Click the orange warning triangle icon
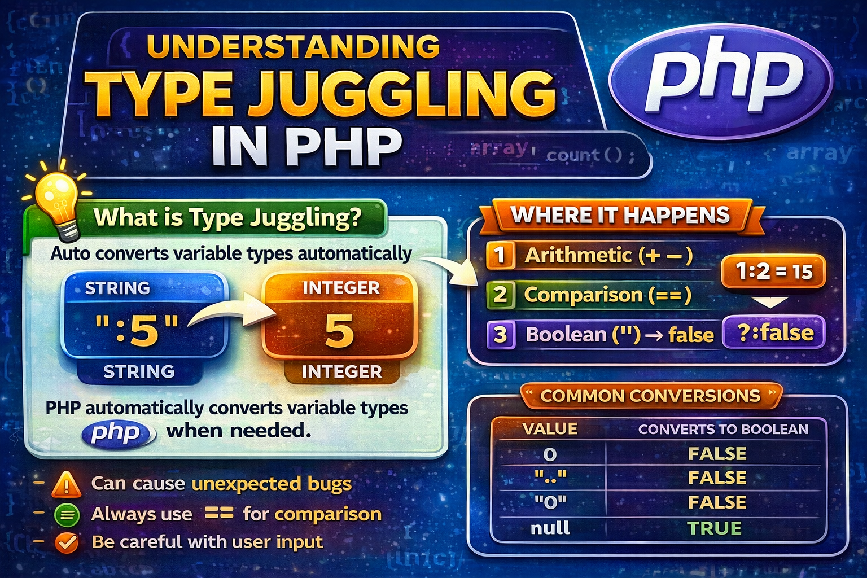coord(67,484)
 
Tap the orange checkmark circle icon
coord(67,543)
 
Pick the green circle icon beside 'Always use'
coord(67,514)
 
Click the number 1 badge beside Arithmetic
coord(500,255)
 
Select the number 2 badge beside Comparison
coord(500,295)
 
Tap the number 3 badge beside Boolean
coord(500,334)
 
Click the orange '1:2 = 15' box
coord(774,272)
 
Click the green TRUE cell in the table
coord(714,528)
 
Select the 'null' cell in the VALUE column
coord(550,528)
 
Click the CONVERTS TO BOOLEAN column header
coord(723,429)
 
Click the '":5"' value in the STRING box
coord(138,330)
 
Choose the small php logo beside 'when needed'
coord(117,433)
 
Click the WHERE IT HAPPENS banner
coord(620,215)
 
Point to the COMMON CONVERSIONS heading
coord(650,396)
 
